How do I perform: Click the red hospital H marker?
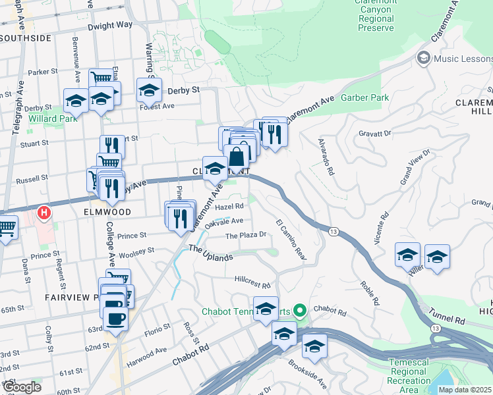tap(44, 213)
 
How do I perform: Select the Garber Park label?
tap(364, 98)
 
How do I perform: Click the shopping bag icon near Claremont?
tap(237, 156)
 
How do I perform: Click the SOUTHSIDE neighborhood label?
tap(26, 38)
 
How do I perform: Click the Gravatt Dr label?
tap(375, 133)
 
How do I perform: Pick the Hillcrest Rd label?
tap(252, 282)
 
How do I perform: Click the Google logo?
tap(21, 386)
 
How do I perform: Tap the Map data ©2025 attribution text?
tap(465, 390)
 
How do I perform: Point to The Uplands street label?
tap(210, 253)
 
